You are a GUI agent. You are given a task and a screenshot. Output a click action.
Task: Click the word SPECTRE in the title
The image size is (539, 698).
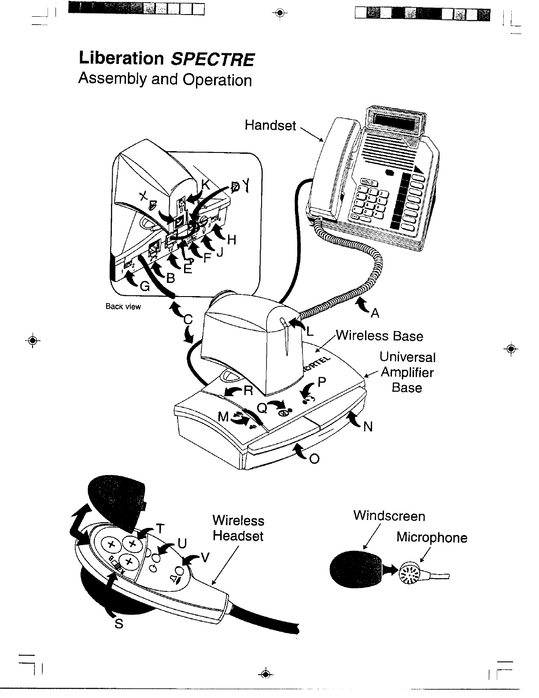[x=212, y=59]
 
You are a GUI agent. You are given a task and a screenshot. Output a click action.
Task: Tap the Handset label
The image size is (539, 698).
[x=270, y=126]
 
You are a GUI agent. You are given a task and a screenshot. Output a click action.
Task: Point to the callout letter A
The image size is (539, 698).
[x=375, y=313]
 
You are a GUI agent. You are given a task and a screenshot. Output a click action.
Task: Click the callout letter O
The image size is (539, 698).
[x=314, y=459]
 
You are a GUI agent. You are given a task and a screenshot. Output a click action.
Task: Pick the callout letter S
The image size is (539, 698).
[x=118, y=624]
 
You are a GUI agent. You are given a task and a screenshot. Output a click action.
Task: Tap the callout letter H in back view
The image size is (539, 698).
[x=232, y=240]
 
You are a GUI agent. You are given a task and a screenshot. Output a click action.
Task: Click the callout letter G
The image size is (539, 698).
[x=144, y=287]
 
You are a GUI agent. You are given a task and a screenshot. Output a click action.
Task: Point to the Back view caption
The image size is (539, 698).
[x=123, y=307]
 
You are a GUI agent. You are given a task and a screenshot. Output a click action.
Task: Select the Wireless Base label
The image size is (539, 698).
[x=379, y=336]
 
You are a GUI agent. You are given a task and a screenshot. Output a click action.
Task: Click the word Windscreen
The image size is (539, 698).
[x=389, y=516]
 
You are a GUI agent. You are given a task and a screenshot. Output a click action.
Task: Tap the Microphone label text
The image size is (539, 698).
[x=432, y=537]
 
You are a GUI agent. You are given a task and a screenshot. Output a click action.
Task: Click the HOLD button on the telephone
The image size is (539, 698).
[x=367, y=182]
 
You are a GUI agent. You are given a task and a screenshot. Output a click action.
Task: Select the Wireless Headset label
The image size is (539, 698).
[x=238, y=528]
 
